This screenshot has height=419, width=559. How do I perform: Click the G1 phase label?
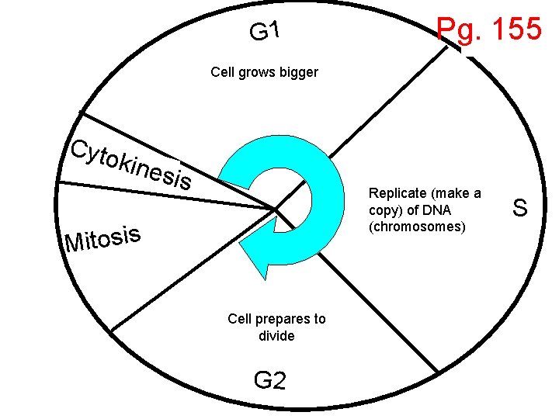coord(264,31)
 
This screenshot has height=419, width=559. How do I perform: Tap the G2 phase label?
coord(269,380)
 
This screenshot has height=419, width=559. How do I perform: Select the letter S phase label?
coord(520,208)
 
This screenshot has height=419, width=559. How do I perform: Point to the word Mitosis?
coord(104,239)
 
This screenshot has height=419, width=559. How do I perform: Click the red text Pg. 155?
coord(488,29)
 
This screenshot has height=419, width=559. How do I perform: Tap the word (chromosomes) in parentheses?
coord(418,227)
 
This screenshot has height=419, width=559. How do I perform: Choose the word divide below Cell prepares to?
coord(276,336)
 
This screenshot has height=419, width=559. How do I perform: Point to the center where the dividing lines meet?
coord(276,208)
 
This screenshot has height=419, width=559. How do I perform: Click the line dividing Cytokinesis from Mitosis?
coord(155,193)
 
